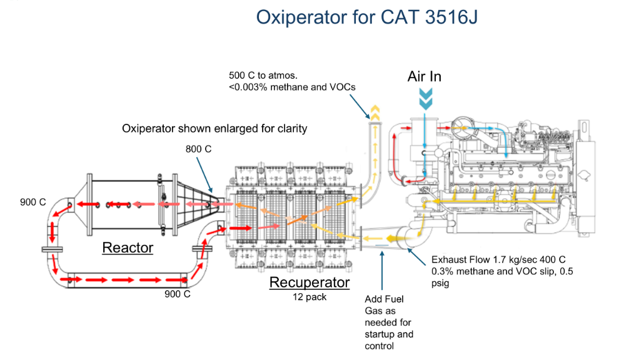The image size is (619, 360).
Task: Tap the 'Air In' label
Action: click(x=425, y=76)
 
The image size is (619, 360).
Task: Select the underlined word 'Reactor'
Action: click(x=128, y=247)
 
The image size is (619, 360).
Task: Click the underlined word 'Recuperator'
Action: click(x=309, y=282)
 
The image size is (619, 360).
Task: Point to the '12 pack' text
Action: click(x=309, y=297)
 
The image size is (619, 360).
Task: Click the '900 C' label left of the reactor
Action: click(x=33, y=203)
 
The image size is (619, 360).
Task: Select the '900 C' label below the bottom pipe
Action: click(x=176, y=294)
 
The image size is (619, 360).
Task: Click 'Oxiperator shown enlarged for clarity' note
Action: click(x=214, y=129)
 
